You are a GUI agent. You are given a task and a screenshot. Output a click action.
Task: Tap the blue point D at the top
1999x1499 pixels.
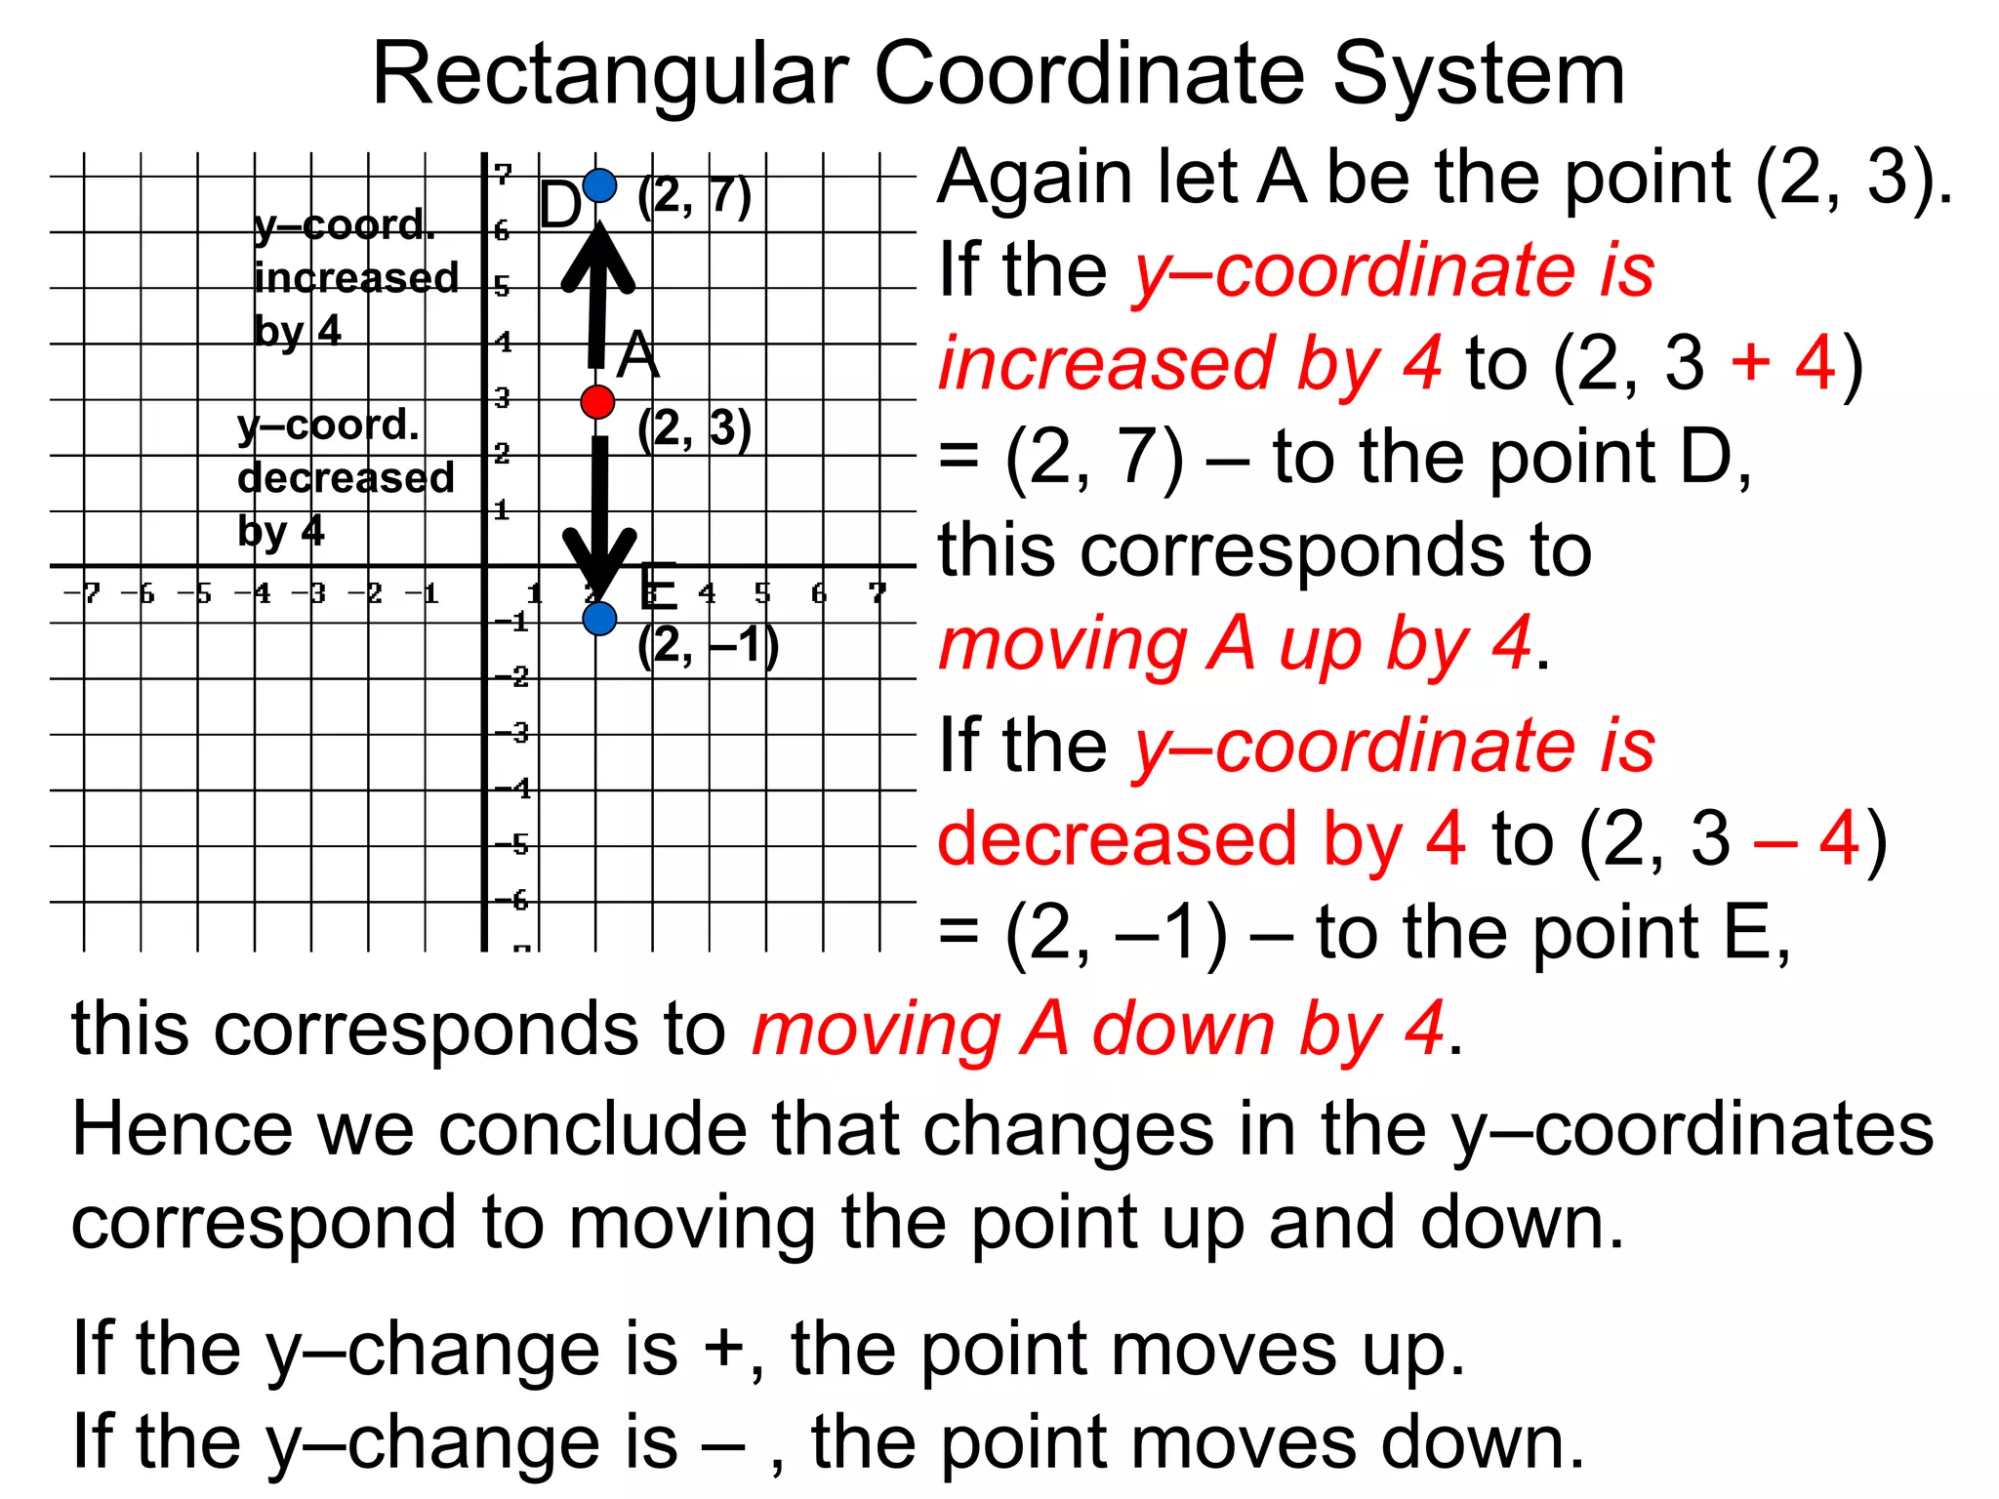pyautogui.click(x=599, y=184)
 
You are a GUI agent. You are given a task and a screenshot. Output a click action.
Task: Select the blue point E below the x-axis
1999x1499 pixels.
pyautogui.click(x=599, y=618)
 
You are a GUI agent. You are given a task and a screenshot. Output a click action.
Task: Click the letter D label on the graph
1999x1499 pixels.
pyautogui.click(x=559, y=206)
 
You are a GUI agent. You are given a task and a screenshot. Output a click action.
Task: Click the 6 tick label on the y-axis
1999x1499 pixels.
pyautogui.click(x=502, y=231)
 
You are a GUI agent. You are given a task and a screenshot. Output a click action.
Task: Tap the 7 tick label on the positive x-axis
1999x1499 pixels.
pyautogui.click(x=877, y=592)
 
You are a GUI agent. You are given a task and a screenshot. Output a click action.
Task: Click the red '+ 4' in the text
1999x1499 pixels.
pyautogui.click(x=1782, y=362)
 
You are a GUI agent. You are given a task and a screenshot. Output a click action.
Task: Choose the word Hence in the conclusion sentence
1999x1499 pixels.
pyautogui.click(x=182, y=1129)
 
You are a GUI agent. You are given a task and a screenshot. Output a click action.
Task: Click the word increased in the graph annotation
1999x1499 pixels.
pyautogui.click(x=356, y=278)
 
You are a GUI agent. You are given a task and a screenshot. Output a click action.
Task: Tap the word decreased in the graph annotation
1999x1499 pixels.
pyautogui.click(x=346, y=478)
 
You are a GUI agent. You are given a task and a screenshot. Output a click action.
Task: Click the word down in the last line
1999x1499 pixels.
pyautogui.click(x=1481, y=1442)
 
